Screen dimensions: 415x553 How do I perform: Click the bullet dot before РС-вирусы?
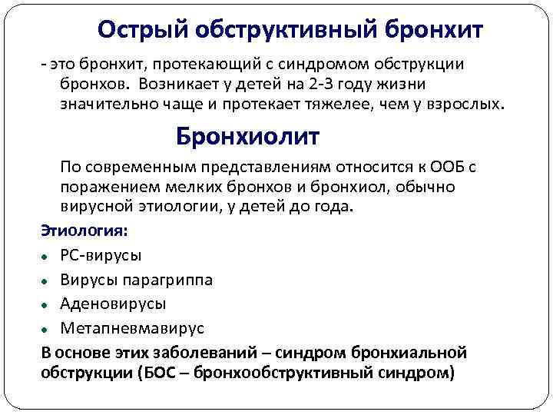(47, 256)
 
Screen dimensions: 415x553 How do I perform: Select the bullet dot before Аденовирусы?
(47, 305)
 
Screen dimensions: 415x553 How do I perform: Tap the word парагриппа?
(168, 279)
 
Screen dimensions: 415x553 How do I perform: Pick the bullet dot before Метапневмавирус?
(47, 330)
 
